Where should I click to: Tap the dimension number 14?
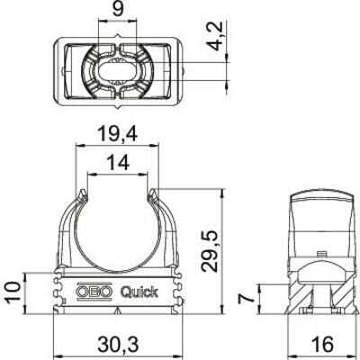pos(115,164)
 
